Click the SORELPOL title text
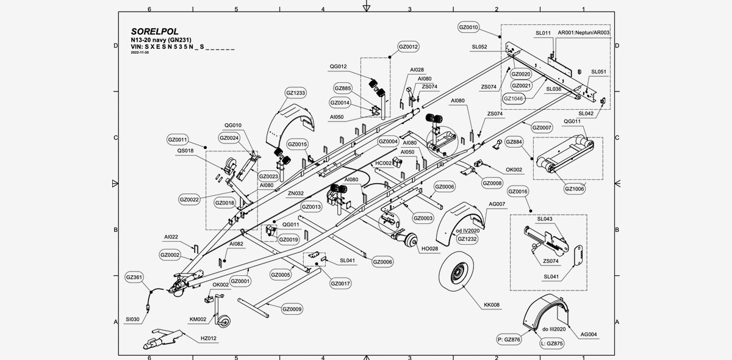pos(154,32)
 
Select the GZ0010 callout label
pos(468,27)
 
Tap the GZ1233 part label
pos(295,93)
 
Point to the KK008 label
pos(492,304)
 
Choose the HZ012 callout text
pos(208,338)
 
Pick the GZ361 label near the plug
pos(134,278)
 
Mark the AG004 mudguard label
pos(589,334)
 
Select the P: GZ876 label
pos(509,339)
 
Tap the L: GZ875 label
pos(551,344)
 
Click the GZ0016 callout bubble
pos(518,192)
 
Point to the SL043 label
pos(545,218)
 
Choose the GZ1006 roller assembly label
pos(575,189)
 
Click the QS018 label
pos(185,150)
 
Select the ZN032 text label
pos(296,193)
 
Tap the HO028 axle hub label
pos(429,248)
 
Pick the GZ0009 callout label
pos(292,309)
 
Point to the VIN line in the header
pos(183,46)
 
